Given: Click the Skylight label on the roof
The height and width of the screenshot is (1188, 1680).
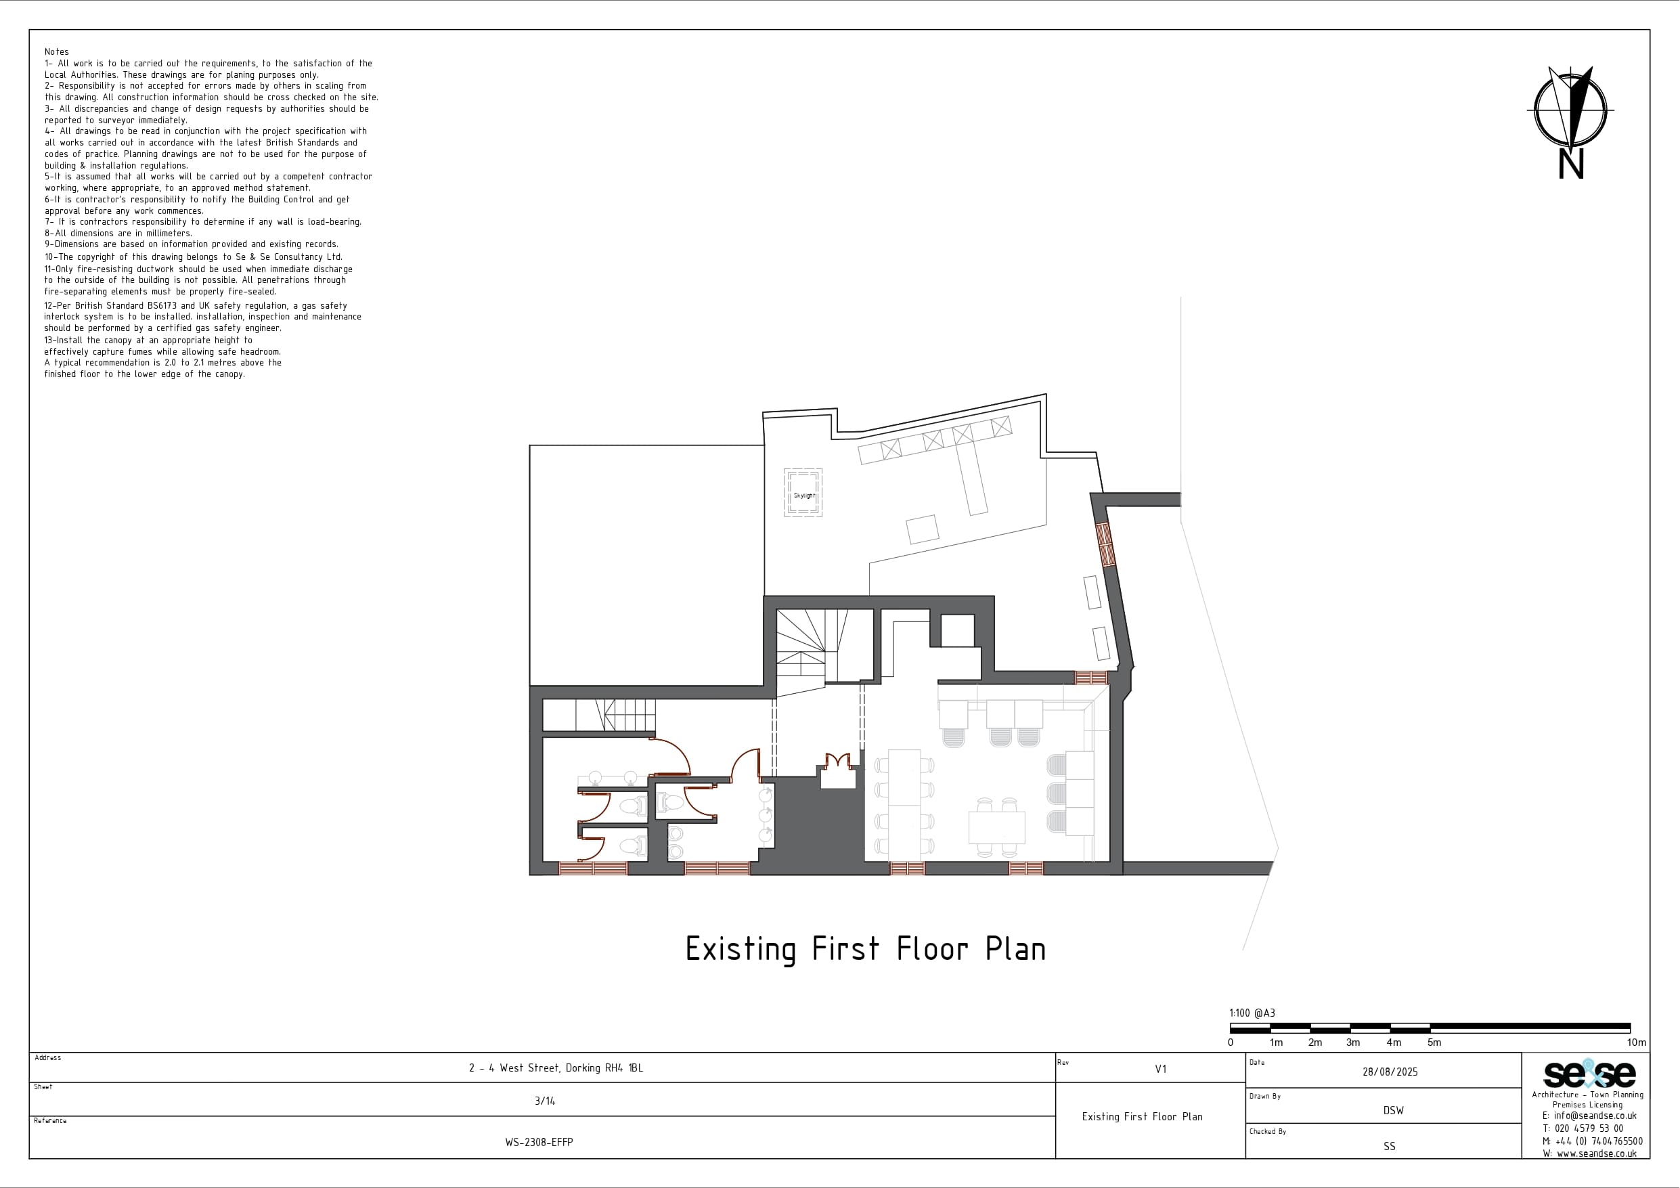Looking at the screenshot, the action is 803,496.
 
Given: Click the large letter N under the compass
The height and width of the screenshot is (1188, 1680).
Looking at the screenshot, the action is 1571,164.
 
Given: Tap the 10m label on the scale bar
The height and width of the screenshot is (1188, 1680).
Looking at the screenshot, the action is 1637,1042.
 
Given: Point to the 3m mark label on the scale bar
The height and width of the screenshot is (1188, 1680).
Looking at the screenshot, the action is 1353,1042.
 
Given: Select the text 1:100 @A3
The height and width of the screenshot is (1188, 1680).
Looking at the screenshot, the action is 1252,1013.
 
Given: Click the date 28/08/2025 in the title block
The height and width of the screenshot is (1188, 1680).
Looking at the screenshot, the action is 1390,1072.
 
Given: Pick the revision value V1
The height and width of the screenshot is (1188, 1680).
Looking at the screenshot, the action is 1160,1070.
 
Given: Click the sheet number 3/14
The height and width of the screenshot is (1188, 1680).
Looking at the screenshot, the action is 545,1101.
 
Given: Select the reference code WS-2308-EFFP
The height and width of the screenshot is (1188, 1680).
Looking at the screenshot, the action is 539,1142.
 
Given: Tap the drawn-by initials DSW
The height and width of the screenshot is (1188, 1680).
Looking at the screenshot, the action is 1393,1110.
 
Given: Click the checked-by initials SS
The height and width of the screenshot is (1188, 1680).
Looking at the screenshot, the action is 1390,1146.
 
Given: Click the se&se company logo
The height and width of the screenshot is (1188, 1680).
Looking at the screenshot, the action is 1589,1074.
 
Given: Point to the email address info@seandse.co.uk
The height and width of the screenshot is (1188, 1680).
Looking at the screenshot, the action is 1595,1116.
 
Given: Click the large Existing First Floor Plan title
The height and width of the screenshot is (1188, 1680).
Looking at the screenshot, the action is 866,949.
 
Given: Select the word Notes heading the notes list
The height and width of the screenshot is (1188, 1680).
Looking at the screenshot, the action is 56,52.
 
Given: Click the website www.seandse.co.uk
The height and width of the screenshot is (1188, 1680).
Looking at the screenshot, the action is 1597,1153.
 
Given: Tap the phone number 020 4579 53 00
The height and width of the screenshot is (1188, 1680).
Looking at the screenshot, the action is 1589,1128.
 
